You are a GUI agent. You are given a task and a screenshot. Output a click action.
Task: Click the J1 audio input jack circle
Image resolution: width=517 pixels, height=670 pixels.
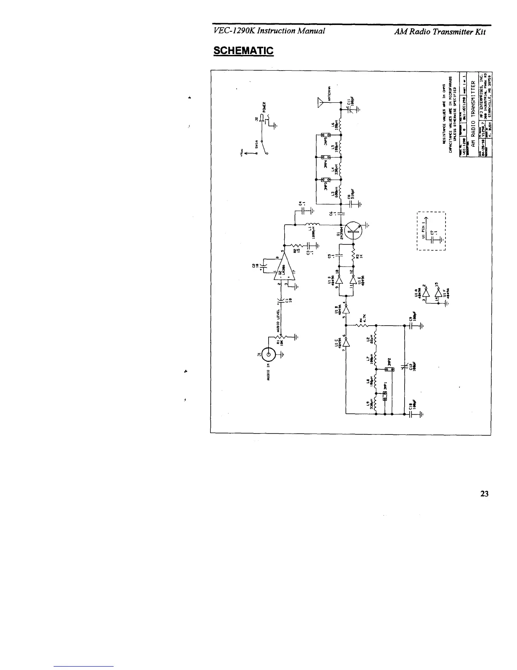click(x=269, y=354)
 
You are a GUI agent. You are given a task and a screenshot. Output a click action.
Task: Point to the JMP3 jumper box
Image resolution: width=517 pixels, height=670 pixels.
click(x=328, y=180)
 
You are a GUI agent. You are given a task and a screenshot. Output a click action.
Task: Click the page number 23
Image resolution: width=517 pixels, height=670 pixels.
click(x=484, y=494)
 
